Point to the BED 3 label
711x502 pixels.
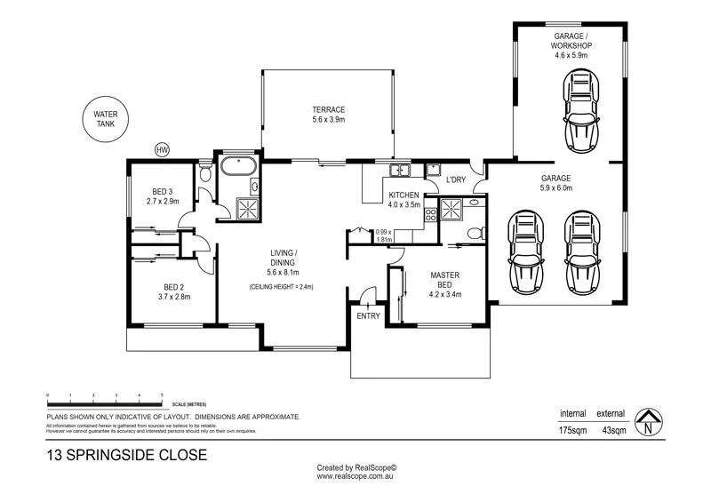point(163,191)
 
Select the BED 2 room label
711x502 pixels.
point(174,287)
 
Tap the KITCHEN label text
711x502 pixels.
point(405,195)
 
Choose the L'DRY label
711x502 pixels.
point(456,179)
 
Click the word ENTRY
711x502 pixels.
point(368,315)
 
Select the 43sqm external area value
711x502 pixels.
point(611,431)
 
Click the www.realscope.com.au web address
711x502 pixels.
point(355,477)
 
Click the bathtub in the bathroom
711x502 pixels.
point(238,165)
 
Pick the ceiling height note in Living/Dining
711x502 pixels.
point(281,287)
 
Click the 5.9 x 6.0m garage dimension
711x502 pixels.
point(556,187)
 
